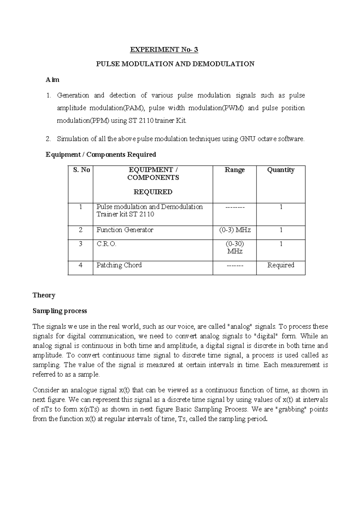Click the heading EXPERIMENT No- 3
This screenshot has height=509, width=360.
[x=164, y=50]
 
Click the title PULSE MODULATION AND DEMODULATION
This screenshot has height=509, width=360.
[x=175, y=64]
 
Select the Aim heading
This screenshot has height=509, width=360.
[x=52, y=80]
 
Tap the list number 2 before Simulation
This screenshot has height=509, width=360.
[x=48, y=139]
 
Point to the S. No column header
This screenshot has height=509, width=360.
[x=81, y=170]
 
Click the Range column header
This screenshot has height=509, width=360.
[x=235, y=170]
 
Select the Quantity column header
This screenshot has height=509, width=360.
[x=280, y=170]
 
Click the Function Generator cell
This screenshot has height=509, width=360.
[x=125, y=230]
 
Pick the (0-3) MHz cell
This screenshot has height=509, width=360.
[x=235, y=230]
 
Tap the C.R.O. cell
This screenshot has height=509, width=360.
[x=106, y=244]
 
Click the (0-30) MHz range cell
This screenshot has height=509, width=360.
[x=235, y=248]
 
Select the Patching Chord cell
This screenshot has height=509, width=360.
[x=119, y=265]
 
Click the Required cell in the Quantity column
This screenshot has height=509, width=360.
[x=280, y=265]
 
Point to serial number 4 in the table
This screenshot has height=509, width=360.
[x=80, y=265]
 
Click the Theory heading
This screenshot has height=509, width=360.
[x=44, y=295]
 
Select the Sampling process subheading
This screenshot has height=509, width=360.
[x=60, y=311]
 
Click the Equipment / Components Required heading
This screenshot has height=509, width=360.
[x=101, y=155]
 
